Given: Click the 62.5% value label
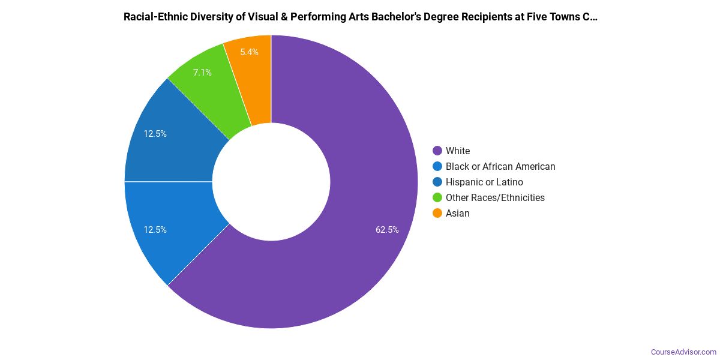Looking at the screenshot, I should click(x=387, y=229).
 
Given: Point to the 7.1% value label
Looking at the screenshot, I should click(x=202, y=73).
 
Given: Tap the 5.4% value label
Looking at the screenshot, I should click(x=249, y=52).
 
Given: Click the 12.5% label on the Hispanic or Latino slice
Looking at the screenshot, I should click(x=155, y=134).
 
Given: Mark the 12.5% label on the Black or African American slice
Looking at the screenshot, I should click(x=155, y=229).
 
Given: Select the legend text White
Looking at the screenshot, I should click(x=458, y=151).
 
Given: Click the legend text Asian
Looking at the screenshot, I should click(x=458, y=213).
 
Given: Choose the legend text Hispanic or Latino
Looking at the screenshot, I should click(x=484, y=182).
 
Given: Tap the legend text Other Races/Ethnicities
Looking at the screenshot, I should click(x=495, y=197).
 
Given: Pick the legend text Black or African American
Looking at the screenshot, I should click(x=500, y=166).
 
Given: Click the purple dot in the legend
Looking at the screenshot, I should click(x=437, y=151).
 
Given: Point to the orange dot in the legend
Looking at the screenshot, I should click(x=437, y=213).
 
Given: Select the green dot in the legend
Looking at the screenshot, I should click(x=437, y=197).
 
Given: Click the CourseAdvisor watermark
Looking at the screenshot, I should click(x=683, y=352).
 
